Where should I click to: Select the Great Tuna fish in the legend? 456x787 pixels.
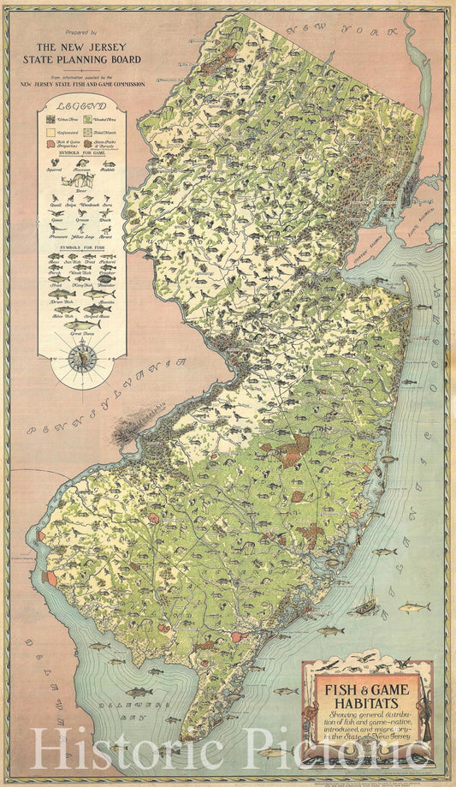82,324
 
